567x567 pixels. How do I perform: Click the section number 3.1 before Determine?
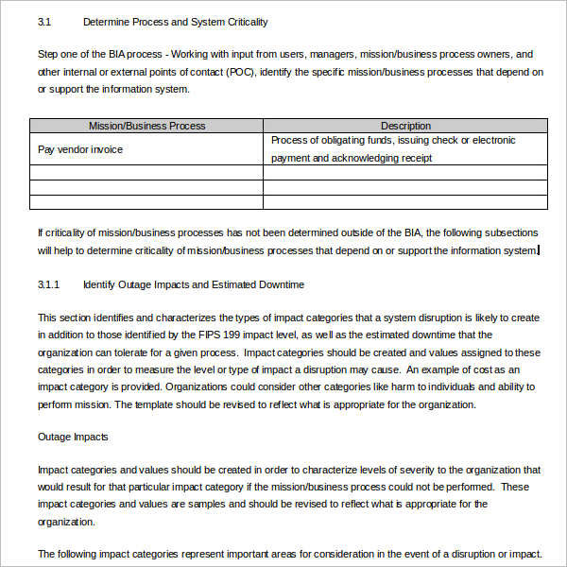click(44, 22)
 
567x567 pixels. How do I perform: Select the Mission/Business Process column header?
click(146, 126)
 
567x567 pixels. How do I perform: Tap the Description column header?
click(405, 126)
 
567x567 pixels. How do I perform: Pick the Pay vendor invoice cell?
click(80, 149)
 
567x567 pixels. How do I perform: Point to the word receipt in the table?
click(415, 158)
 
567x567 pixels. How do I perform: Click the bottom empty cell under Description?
click(405, 201)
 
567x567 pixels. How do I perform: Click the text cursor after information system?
click(539, 250)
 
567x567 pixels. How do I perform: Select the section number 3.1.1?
click(49, 284)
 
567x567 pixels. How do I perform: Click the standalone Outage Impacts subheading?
click(73, 437)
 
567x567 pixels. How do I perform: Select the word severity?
click(388, 470)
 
